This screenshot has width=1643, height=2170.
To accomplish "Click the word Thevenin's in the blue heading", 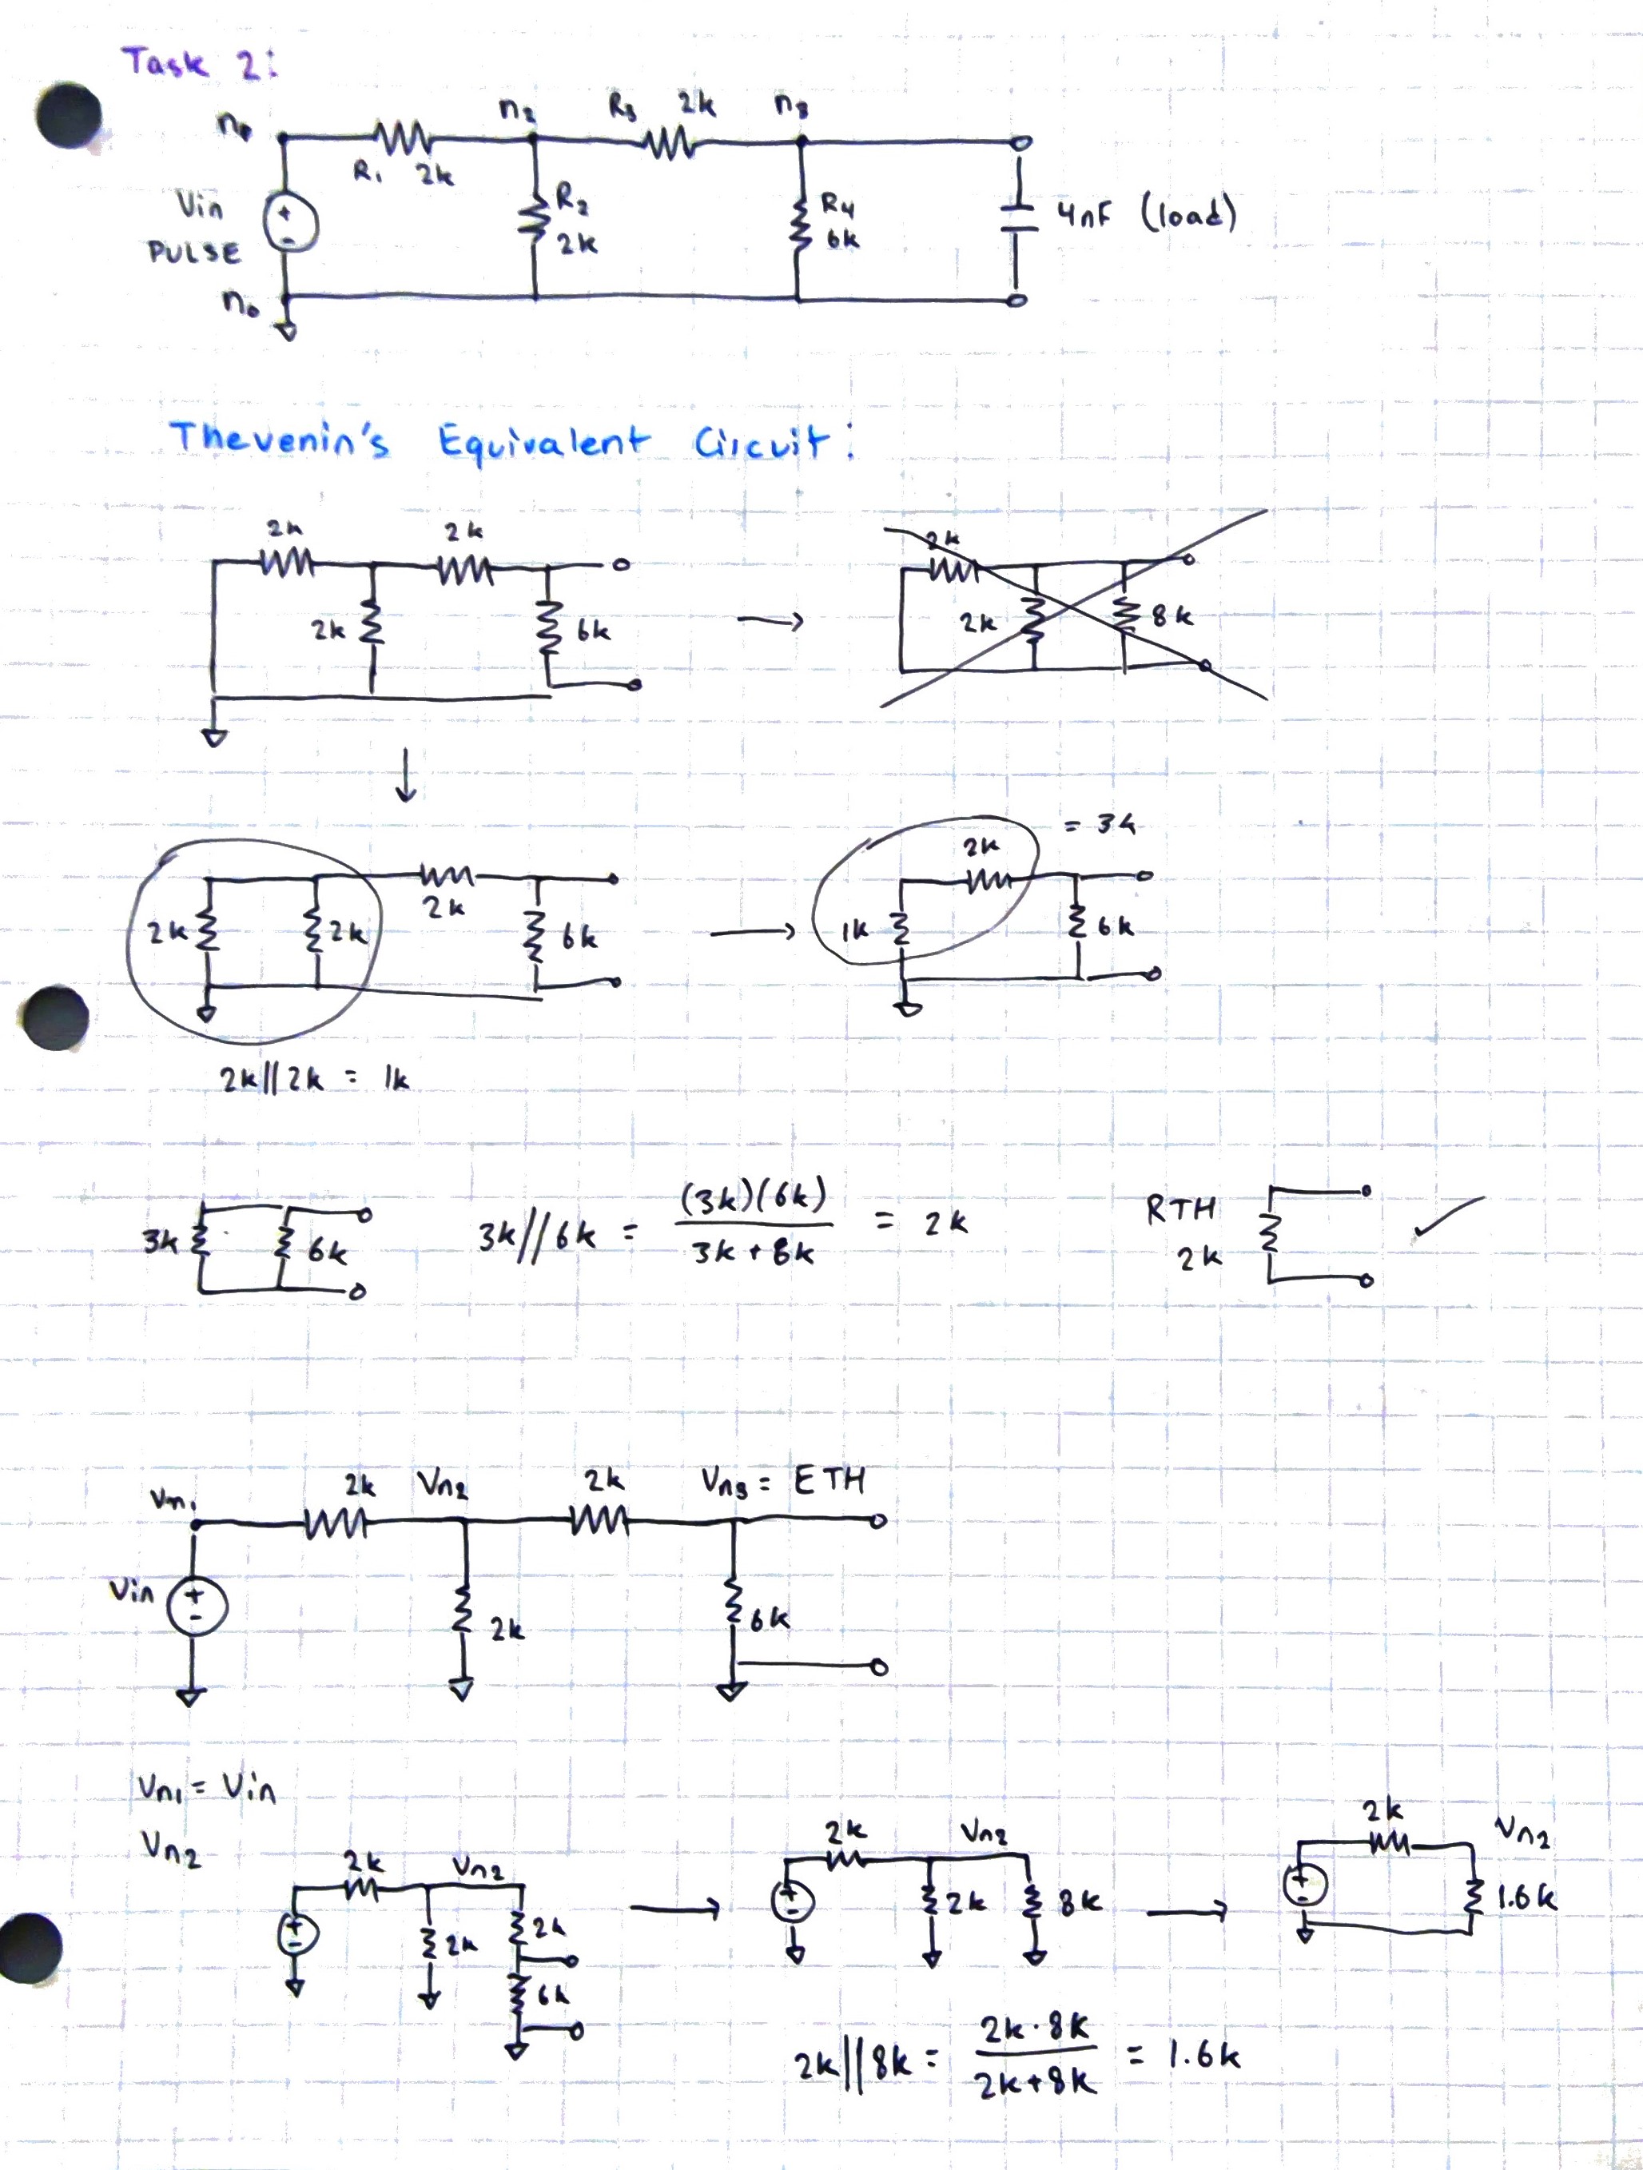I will (x=280, y=439).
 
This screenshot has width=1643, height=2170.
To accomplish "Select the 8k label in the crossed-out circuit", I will (x=1172, y=616).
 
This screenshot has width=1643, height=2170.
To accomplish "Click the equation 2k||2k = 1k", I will (x=313, y=1079).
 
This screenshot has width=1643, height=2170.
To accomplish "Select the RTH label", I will (x=1181, y=1208).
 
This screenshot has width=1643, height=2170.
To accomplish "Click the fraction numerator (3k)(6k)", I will (x=752, y=1198).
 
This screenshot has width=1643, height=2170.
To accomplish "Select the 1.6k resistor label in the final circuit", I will (x=1526, y=1898).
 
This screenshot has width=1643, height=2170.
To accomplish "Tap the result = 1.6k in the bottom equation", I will (x=1185, y=2055).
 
